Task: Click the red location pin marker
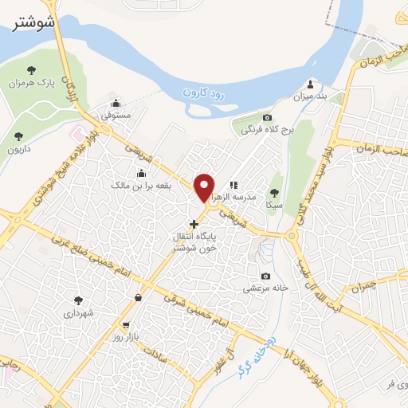pyautogui.click(x=205, y=186)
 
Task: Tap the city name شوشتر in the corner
pyautogui.click(x=36, y=24)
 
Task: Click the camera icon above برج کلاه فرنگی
pyautogui.click(x=267, y=116)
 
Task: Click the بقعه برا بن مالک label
pyautogui.click(x=142, y=185)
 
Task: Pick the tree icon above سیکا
pyautogui.click(x=275, y=192)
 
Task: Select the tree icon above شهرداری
pyautogui.click(x=78, y=300)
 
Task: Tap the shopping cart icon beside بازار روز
pyautogui.click(x=127, y=326)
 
